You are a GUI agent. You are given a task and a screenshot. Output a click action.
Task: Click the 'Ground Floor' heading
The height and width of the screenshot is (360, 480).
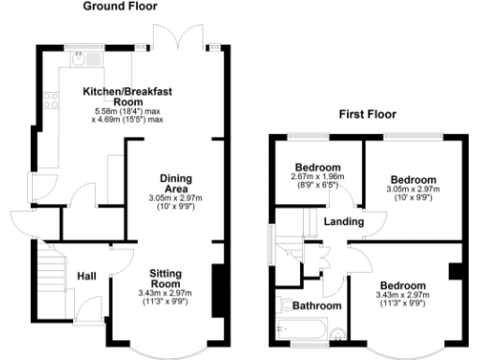[x=121, y=7]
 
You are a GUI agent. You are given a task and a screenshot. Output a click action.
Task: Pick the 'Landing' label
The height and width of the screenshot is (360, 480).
[x=343, y=220]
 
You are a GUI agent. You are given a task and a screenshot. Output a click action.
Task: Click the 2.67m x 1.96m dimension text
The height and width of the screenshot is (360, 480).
[x=319, y=177]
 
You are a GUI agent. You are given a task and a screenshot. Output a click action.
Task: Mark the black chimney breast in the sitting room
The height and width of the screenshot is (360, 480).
[x=218, y=284]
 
